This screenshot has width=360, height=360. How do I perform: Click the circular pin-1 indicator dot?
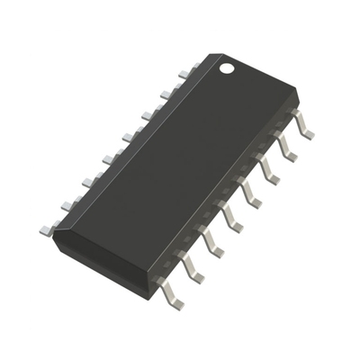[228, 67]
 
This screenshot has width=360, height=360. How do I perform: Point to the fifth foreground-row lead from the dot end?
[230, 217]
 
